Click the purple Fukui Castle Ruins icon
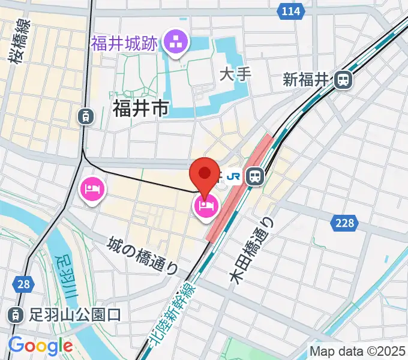[x=177, y=43]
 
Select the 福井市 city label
[x=140, y=108]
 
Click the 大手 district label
[x=235, y=74]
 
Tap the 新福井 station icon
[x=344, y=79]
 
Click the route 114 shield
[x=291, y=11]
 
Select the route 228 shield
[x=344, y=223]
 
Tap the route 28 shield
[x=23, y=284]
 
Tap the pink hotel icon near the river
[x=92, y=190]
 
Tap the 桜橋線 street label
[x=20, y=40]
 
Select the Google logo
[x=40, y=346]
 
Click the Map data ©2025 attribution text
[x=358, y=351]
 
